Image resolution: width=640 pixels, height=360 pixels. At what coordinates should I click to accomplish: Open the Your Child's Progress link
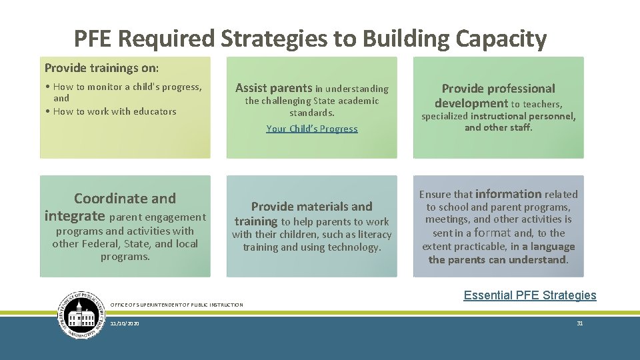(x=312, y=129)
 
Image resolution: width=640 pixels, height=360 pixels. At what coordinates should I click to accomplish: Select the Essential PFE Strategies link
(x=530, y=295)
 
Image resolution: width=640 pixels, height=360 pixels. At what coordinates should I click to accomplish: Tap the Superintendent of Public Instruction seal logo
(x=82, y=315)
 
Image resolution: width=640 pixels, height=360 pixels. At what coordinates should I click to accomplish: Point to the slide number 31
(x=579, y=323)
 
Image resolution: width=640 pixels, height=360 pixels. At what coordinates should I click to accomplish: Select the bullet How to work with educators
(x=114, y=111)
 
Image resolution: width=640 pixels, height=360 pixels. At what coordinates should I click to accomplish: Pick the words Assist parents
(x=273, y=88)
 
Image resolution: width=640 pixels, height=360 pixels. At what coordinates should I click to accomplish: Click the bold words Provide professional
(x=498, y=89)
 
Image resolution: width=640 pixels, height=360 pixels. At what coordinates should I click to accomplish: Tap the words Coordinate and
(x=125, y=199)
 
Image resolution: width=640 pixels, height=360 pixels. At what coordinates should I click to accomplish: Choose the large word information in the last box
(x=508, y=194)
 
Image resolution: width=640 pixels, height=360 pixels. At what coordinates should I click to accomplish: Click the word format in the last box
(x=492, y=233)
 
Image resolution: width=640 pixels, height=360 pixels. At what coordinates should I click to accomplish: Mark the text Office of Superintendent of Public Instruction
(x=176, y=305)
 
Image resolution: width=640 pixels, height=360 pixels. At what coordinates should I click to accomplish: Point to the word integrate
(x=75, y=216)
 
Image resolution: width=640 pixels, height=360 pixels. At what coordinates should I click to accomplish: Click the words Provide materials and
(x=311, y=207)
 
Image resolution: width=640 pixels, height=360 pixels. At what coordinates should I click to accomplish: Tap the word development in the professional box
(x=471, y=103)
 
